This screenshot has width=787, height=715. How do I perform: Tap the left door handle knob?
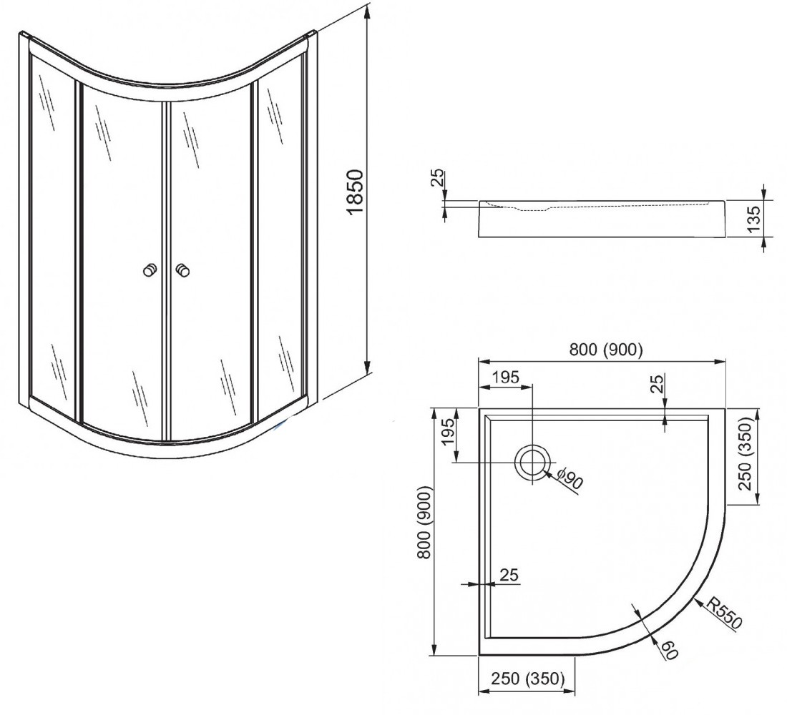149,271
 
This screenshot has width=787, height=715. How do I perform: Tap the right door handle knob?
182,271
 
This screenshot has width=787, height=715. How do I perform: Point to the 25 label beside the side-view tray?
438,177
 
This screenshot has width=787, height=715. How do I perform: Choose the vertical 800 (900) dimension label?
424,523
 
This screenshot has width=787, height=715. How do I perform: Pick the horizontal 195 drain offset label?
505,377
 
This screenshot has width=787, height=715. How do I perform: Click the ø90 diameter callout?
570,478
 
